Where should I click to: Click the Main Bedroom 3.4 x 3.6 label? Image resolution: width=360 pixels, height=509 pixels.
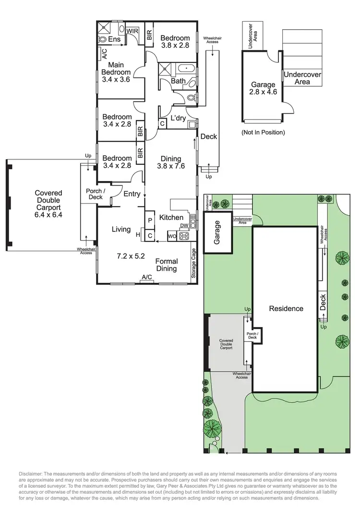coord(116,72)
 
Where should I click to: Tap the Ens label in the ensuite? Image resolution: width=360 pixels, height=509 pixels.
coord(114,39)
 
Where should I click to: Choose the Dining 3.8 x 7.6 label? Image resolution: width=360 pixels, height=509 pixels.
coord(171,163)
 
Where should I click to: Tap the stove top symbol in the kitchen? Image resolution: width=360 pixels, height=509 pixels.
coord(184,236)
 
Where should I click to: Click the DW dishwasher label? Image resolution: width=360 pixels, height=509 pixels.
coord(183,226)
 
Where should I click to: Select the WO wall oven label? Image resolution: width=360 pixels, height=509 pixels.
coord(172,236)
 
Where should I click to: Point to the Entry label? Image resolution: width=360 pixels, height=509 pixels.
coord(132,194)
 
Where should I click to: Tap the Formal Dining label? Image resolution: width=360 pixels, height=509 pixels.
coord(166,265)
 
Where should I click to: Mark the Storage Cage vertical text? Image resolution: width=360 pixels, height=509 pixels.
coord(194,264)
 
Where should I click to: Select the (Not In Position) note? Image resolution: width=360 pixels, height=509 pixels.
coord(263,132)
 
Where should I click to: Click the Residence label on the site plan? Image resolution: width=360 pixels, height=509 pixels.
coord(286,308)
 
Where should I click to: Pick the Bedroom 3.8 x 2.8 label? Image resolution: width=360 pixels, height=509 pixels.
coord(175,42)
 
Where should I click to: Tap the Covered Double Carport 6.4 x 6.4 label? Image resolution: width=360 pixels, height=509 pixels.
coord(48,204)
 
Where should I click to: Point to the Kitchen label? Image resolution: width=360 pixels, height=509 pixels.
coord(171,218)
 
